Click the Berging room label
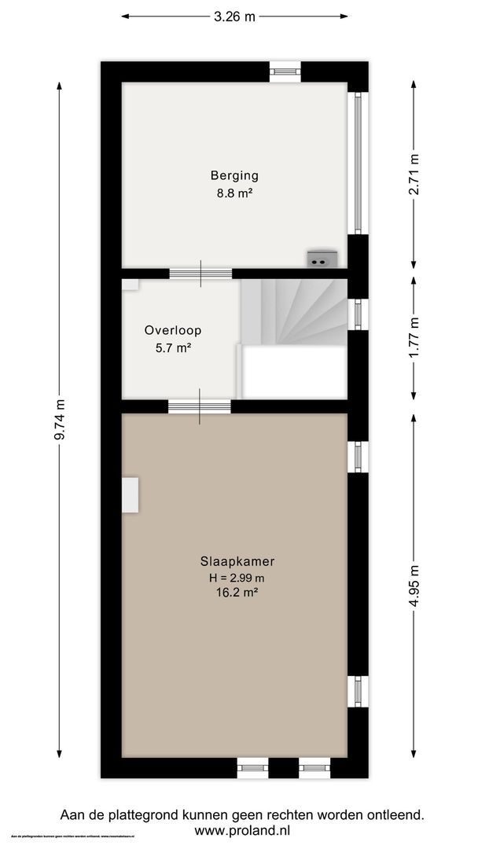pyautogui.click(x=233, y=175)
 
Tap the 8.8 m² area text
pyautogui.click(x=233, y=192)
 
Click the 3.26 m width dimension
pyautogui.click(x=233, y=16)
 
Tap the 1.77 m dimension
pyautogui.click(x=415, y=335)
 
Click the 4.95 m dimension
pyautogui.click(x=415, y=585)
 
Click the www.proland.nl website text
pyautogui.click(x=242, y=830)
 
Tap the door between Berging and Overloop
pyautogui.click(x=200, y=274)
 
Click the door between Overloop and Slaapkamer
pyautogui.click(x=199, y=406)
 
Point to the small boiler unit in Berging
pyautogui.click(x=322, y=259)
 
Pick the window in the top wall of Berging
pyautogui.click(x=285, y=72)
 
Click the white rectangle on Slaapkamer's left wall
pyautogui.click(x=130, y=493)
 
